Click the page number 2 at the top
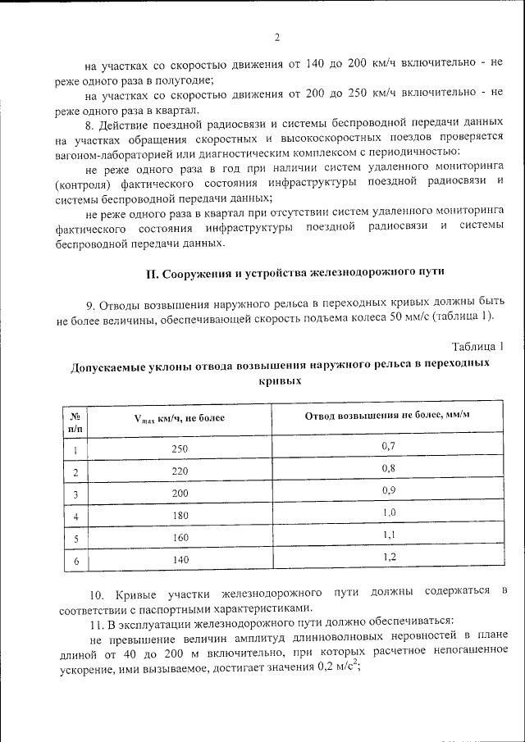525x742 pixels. (277, 37)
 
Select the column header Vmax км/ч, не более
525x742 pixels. (179, 418)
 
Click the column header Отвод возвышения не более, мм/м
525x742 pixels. (387, 415)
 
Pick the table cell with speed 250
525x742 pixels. (180, 449)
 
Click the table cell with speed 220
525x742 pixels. (180, 472)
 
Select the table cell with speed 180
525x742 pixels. (180, 517)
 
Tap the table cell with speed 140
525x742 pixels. (180, 560)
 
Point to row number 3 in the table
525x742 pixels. (75, 494)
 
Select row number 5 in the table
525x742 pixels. (75, 539)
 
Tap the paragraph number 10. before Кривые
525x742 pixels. (94, 592)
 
